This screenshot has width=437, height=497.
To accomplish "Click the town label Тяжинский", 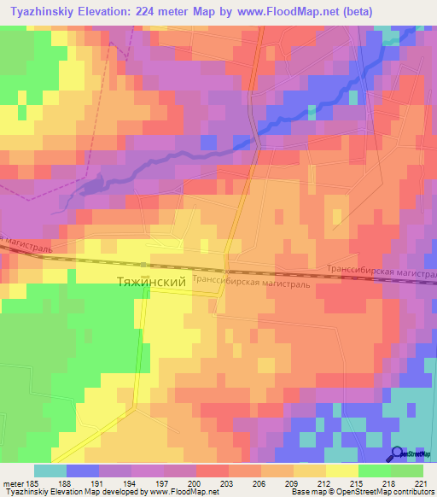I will coord(150,280).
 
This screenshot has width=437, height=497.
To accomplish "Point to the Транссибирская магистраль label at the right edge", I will coord(381,272).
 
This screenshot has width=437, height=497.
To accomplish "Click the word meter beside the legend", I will coord(12,482).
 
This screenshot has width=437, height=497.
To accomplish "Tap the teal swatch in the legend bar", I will coord(50,471).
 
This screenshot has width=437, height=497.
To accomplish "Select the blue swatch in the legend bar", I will coord(83,471).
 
